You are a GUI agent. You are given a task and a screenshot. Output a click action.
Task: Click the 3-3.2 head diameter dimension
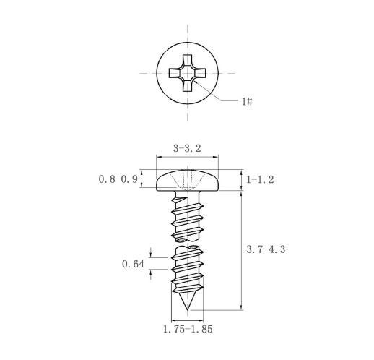(x=187, y=148)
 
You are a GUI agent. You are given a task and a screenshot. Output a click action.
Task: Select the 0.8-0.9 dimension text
(x=118, y=179)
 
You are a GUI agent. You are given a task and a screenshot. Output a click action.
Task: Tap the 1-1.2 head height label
(x=260, y=179)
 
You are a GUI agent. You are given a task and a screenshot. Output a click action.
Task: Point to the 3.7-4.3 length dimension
(x=266, y=249)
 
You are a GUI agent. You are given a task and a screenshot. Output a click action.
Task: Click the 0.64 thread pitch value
(x=133, y=264)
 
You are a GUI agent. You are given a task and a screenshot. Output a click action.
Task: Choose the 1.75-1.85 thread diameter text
(x=188, y=329)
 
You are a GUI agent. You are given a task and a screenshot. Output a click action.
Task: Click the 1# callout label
(x=248, y=101)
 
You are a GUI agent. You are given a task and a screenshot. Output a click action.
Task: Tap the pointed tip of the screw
(x=187, y=309)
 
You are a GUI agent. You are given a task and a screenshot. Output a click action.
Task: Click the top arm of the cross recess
(x=187, y=60)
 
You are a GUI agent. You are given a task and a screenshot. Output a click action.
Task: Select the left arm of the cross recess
(x=175, y=73)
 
